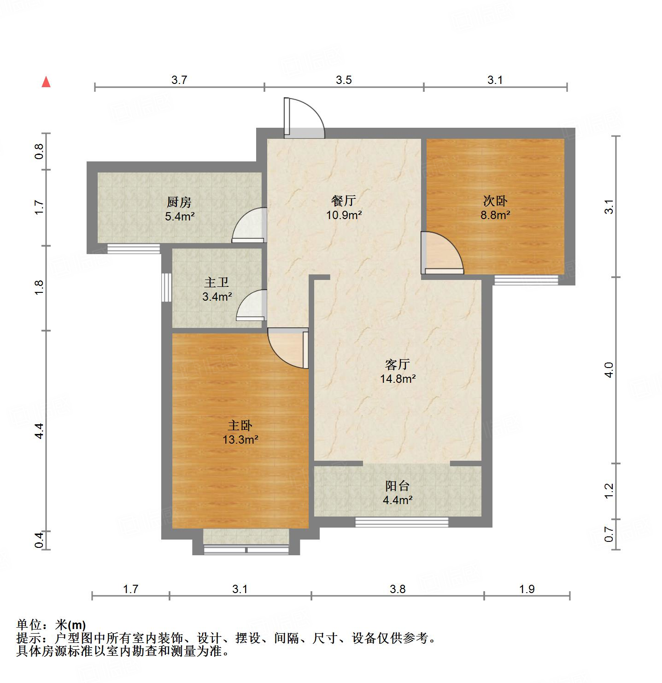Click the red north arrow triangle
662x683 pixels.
click(46, 82)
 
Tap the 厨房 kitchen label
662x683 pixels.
click(179, 202)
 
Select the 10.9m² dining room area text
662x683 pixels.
click(344, 215)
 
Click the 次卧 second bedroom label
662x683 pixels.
click(495, 201)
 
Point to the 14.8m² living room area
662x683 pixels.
click(398, 379)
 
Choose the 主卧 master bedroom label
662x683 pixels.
click(240, 426)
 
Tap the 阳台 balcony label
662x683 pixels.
click(397, 486)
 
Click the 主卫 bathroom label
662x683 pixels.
click(216, 283)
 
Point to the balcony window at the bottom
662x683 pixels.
click(401, 522)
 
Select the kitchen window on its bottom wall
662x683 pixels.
click(133, 249)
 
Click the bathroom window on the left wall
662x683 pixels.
click(166, 288)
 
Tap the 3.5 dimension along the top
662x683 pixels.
click(344, 80)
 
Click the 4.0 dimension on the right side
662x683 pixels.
click(609, 370)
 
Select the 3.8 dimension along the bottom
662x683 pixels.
click(397, 589)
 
